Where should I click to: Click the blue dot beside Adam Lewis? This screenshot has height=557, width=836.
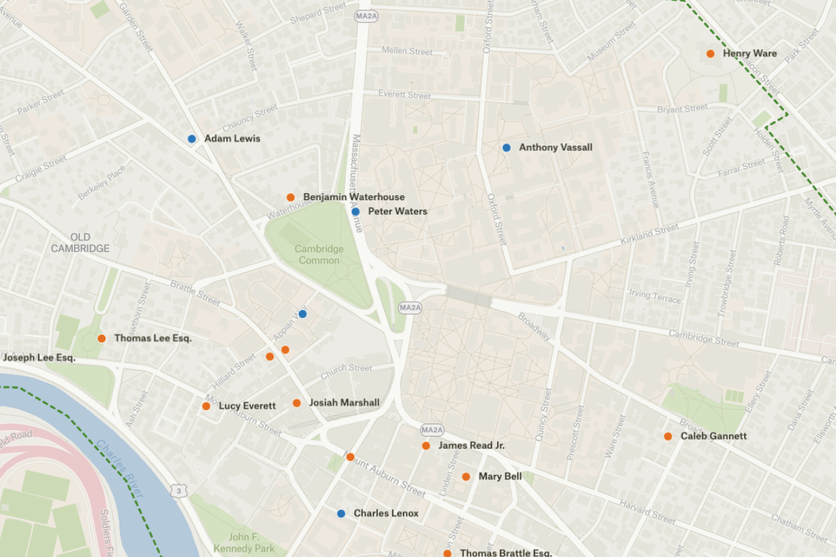pos(192,139)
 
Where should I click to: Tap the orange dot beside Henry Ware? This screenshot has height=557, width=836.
pos(710,54)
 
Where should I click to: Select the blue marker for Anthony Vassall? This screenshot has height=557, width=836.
pos(506,148)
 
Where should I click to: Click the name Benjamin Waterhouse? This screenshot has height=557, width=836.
pos(353,197)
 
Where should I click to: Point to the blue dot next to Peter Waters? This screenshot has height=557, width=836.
pos(355,212)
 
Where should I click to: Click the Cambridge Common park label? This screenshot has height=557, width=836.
pos(319,255)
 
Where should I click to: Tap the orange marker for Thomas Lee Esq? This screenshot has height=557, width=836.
pos(102,338)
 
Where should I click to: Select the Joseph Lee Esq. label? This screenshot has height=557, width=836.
pos(39,358)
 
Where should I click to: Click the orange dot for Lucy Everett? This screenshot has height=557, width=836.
pos(206,406)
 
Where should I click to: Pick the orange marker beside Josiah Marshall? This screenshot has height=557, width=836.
pos(297,403)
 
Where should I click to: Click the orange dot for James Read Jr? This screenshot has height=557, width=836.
pos(426,446)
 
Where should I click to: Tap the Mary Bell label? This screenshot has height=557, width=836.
pos(500,477)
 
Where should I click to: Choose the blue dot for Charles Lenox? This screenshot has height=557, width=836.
pos(341,514)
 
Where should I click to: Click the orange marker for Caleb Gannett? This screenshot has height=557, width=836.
pos(668,437)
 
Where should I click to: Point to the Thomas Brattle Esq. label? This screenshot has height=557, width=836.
pos(505,553)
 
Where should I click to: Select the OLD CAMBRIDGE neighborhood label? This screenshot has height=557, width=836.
pos(80,243)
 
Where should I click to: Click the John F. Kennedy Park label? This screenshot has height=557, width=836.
pos(253,543)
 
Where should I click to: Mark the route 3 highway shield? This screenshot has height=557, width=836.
pos(178,492)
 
